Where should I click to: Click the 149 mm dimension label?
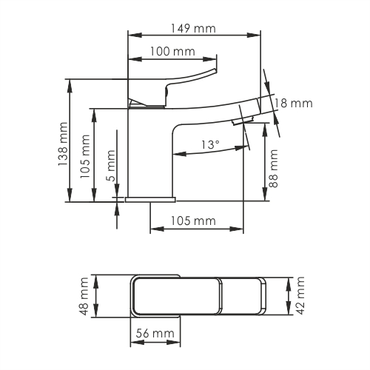click(194, 28)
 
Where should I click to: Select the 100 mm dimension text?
click(172, 51)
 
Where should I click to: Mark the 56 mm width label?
click(155, 334)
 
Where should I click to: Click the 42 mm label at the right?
click(300, 296)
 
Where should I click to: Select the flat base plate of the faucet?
click(151, 199)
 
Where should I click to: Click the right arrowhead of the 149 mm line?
click(259, 34)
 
